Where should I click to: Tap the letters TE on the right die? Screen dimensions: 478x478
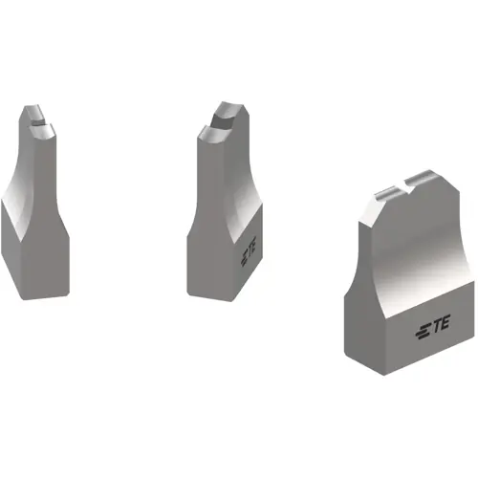(x=441, y=330)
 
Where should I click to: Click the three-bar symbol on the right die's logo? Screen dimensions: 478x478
(x=423, y=331)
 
